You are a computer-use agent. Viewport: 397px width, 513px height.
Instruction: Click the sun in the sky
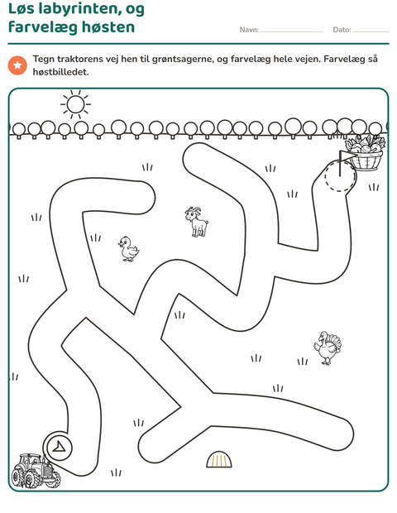pyautogui.click(x=75, y=105)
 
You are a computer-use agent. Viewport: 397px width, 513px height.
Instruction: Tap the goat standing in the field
pyautogui.click(x=197, y=222)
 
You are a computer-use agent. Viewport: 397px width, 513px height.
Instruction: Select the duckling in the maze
pyautogui.click(x=128, y=249)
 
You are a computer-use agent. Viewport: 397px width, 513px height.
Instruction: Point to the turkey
pyautogui.click(x=328, y=348)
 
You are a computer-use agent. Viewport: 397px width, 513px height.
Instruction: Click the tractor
pyautogui.click(x=36, y=471)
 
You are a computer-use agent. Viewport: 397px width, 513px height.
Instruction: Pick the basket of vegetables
pyautogui.click(x=366, y=153)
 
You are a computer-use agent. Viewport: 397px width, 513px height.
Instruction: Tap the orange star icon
pyautogui.click(x=17, y=65)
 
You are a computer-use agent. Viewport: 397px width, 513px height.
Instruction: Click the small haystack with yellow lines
pyautogui.click(x=219, y=459)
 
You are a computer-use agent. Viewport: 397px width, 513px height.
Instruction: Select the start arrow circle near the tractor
pyautogui.click(x=60, y=448)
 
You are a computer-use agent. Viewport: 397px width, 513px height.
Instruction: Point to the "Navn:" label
pyautogui.click(x=249, y=30)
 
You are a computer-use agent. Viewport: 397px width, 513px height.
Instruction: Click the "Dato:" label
pyautogui.click(x=342, y=30)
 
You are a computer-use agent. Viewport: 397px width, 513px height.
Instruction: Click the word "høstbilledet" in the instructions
pyautogui.click(x=61, y=72)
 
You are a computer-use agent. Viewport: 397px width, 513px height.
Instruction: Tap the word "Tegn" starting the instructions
pyautogui.click(x=44, y=60)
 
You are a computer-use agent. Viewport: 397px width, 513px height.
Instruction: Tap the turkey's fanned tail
pyautogui.click(x=334, y=343)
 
